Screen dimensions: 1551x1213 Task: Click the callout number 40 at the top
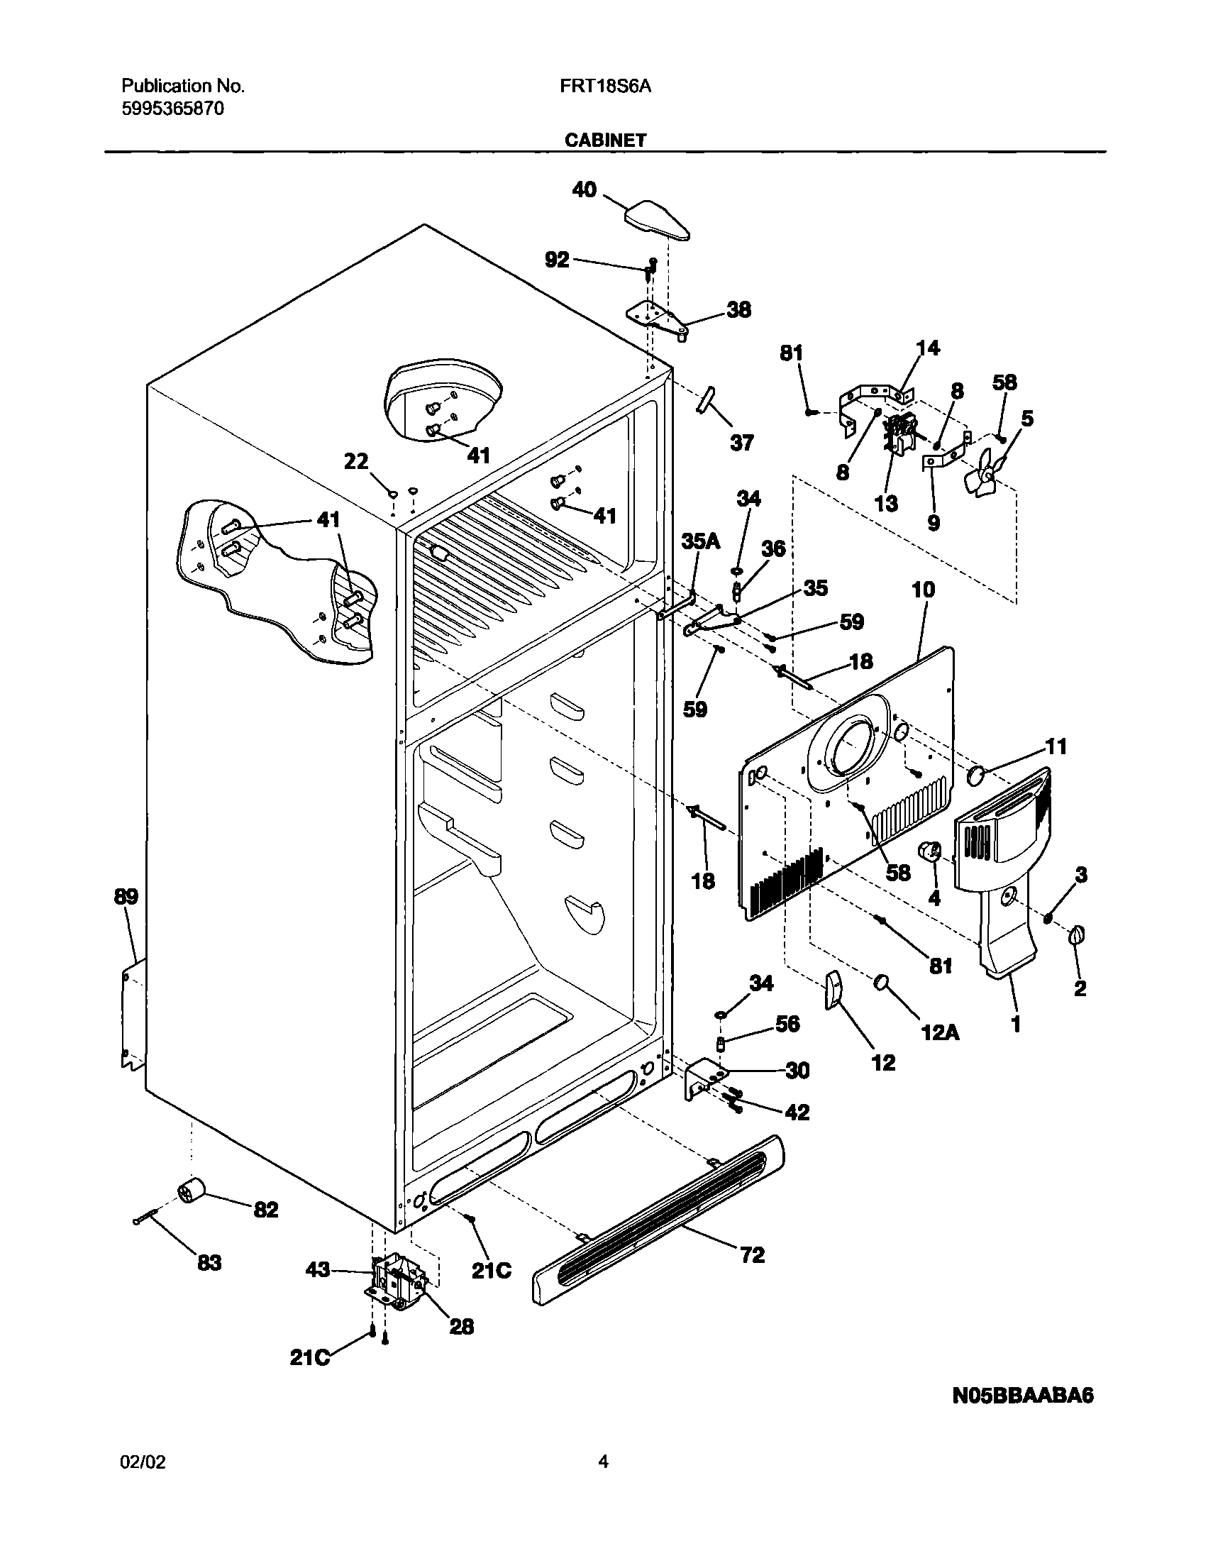(x=585, y=189)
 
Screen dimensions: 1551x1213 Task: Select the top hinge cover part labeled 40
(x=656, y=220)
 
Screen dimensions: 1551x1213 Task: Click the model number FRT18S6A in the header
(x=605, y=87)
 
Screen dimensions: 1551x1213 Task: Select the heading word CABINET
(x=605, y=140)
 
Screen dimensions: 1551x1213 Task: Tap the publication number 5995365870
(x=173, y=109)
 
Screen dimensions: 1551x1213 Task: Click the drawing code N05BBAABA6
(x=1023, y=1396)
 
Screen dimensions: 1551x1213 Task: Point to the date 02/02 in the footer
(x=143, y=1461)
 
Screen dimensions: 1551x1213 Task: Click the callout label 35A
(x=700, y=541)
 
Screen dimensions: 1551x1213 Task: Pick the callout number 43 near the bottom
(x=319, y=1269)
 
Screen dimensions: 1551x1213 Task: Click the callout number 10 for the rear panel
(x=924, y=590)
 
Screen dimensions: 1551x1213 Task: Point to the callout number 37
(x=741, y=443)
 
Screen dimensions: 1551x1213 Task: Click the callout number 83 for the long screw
(x=209, y=1263)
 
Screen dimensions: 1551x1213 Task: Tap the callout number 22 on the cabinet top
(x=357, y=462)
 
